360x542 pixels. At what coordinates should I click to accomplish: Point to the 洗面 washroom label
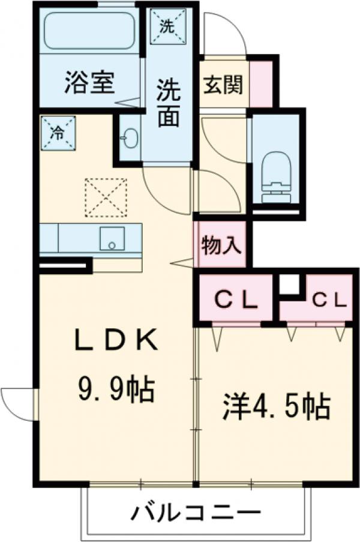[x=169, y=103]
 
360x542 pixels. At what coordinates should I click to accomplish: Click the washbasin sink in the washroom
[x=129, y=139]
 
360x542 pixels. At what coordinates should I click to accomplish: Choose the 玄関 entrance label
[x=222, y=85]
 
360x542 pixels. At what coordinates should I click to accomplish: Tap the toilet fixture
[x=275, y=174]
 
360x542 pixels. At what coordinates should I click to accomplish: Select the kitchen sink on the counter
[x=112, y=238]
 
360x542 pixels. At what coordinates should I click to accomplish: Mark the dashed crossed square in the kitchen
[x=105, y=196]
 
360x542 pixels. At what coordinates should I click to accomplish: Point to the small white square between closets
[x=290, y=284]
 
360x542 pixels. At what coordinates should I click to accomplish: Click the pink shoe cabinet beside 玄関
[x=261, y=83]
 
